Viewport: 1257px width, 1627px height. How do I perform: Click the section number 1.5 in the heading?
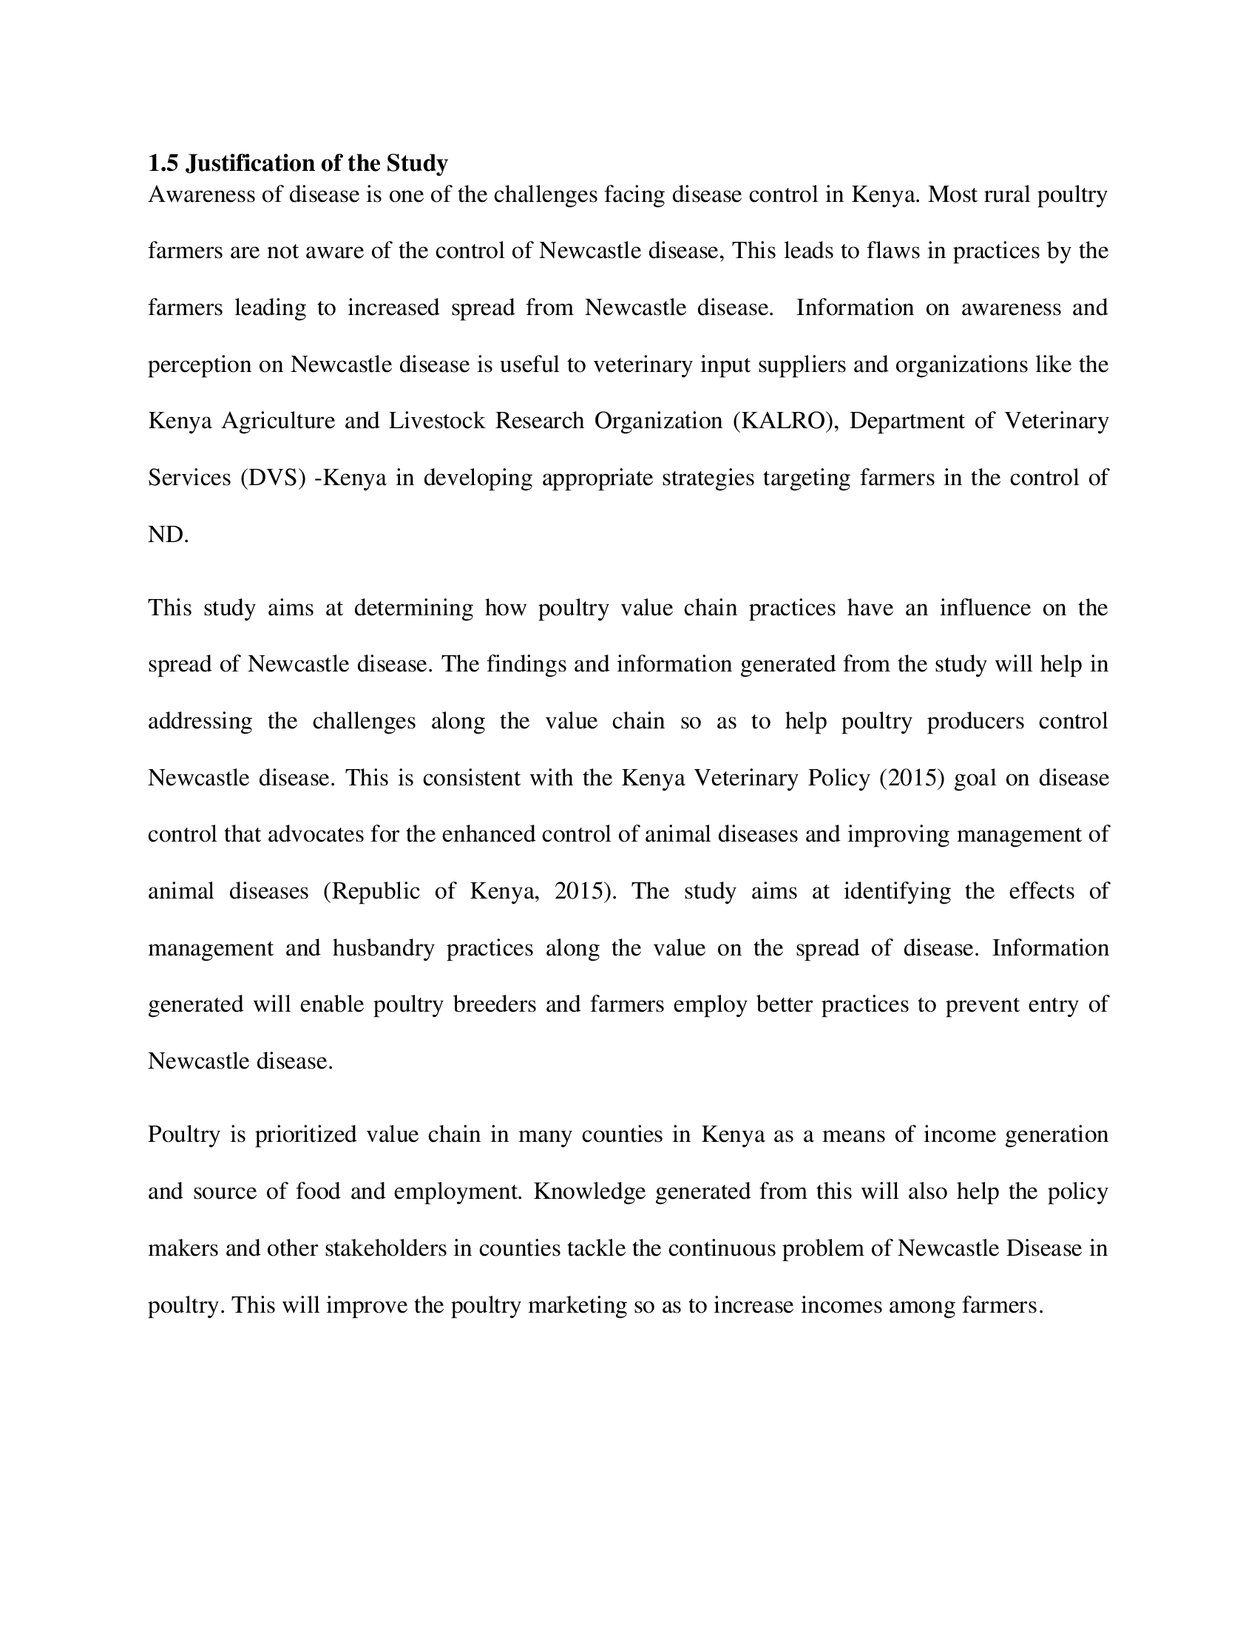click(163, 163)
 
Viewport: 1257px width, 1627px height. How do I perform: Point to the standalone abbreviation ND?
click(167, 534)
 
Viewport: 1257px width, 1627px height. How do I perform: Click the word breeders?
click(495, 1004)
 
